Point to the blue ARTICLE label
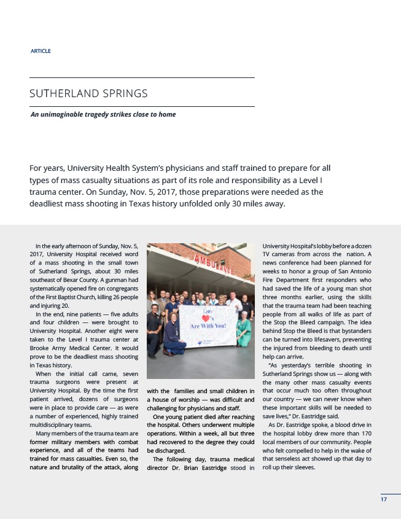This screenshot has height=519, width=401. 41,51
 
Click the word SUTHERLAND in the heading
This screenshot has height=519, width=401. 63,94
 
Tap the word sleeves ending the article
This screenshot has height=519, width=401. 302,467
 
